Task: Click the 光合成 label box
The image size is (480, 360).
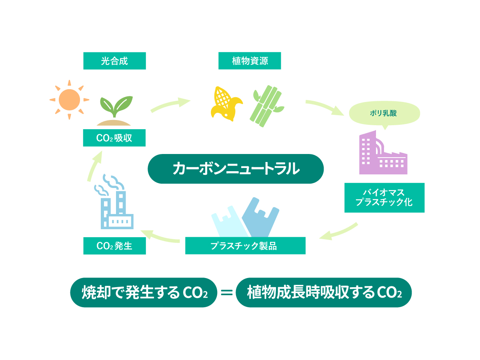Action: coord(114,61)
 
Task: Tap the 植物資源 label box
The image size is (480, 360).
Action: coord(250,61)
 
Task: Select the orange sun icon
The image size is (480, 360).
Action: coord(69,100)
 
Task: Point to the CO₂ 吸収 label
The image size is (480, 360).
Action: coord(114,138)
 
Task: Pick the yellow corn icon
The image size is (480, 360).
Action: coord(226,103)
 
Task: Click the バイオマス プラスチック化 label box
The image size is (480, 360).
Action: coord(384,198)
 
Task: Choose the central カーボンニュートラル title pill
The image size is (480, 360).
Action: coord(236,169)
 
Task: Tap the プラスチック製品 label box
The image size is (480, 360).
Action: coord(245,246)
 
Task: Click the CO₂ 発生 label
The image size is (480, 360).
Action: coord(114,246)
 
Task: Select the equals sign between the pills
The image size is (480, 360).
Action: coord(226,292)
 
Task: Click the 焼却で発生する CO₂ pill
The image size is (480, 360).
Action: coord(144,292)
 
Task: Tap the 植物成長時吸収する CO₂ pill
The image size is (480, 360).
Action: coord(323,292)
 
